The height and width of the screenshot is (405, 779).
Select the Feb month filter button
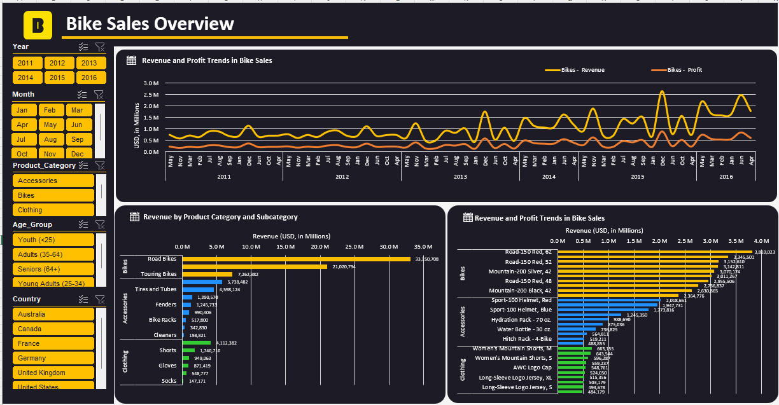coord(51,110)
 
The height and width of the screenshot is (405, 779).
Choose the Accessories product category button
coord(53,181)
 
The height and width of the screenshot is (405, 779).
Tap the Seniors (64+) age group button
coord(53,269)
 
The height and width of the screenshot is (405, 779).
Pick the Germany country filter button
coord(53,358)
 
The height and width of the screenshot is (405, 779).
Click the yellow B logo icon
coord(38,25)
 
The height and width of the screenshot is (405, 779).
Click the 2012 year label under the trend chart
coord(342,176)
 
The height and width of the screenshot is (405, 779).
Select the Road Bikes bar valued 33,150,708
coord(297,259)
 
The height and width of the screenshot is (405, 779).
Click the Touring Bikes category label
coord(158,274)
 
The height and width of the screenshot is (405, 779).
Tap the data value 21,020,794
coord(343,267)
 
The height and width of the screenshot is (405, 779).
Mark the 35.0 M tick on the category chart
coord(423,246)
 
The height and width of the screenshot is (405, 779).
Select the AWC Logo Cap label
coord(533,367)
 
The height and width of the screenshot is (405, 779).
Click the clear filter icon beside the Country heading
coord(100,299)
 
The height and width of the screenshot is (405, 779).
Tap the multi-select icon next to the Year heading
coord(83,46)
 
